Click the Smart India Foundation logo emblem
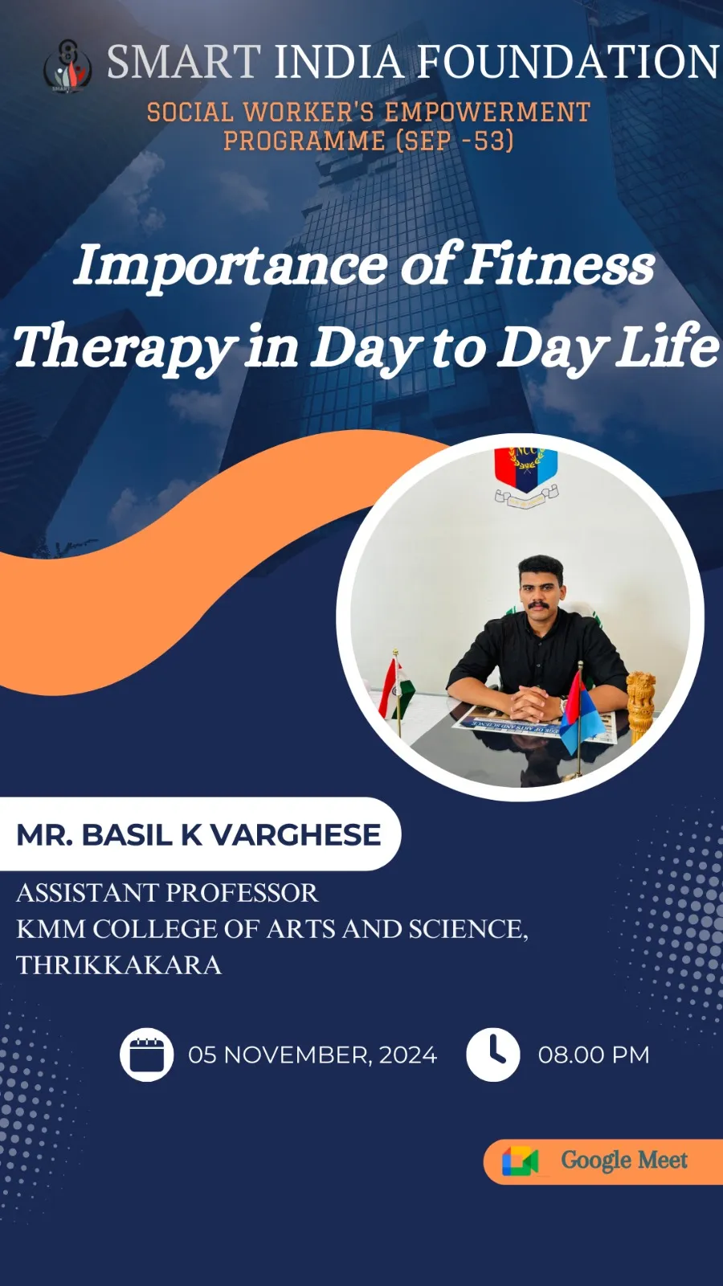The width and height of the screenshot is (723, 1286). coord(67,66)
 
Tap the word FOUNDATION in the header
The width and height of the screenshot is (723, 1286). coord(567,61)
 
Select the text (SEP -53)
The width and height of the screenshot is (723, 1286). coord(455,141)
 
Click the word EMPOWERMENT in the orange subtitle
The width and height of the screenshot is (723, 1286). coord(488,112)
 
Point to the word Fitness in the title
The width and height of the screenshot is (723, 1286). coord(558,264)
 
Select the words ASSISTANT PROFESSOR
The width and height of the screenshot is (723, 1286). coord(167,893)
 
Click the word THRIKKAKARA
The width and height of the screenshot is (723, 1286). coord(119,965)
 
